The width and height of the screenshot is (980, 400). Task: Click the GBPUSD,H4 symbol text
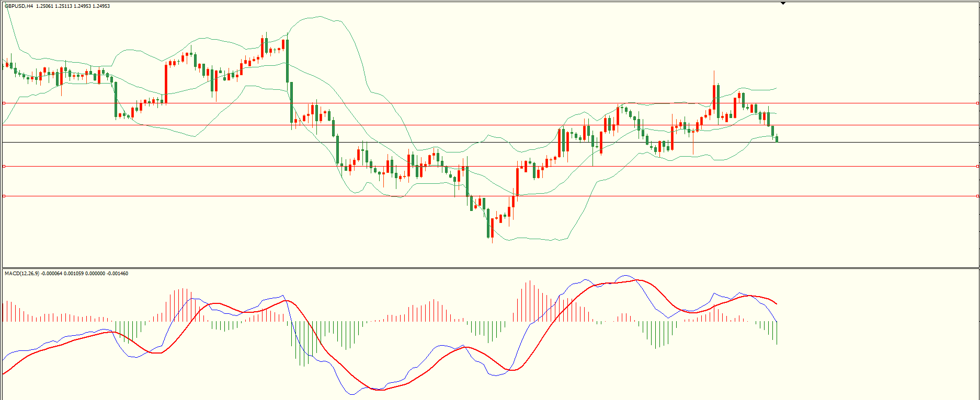[19, 6]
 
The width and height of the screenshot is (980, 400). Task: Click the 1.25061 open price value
[45, 6]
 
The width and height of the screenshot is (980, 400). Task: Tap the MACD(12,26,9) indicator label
[21, 274]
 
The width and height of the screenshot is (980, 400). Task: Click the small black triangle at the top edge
[783, 3]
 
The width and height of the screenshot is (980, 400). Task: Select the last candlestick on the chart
[777, 138]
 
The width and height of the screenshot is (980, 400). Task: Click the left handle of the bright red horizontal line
[4, 166]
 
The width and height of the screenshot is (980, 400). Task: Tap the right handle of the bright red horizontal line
[978, 166]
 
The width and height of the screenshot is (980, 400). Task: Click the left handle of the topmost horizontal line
[4, 103]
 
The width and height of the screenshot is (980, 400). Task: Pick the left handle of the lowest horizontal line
[4, 196]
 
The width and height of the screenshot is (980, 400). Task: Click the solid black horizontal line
[471, 142]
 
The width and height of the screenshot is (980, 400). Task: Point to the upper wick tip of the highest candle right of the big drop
[714, 70]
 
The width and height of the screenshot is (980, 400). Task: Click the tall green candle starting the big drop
[287, 60]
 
